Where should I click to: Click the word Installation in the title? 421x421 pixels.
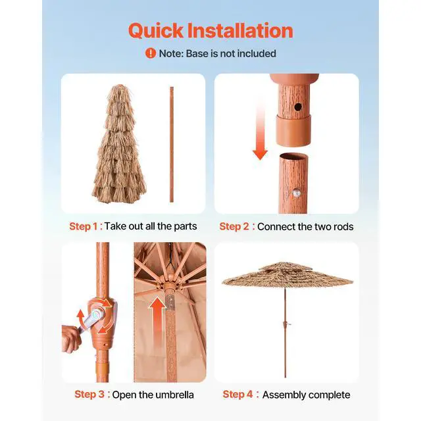point(240,30)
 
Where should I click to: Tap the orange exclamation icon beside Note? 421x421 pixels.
point(151,53)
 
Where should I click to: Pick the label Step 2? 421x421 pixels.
point(234,226)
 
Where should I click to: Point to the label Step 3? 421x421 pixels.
point(89,395)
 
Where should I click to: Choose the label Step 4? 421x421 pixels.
point(238,395)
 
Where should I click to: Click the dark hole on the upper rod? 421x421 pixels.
point(297,105)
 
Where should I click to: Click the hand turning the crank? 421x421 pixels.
point(71,335)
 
